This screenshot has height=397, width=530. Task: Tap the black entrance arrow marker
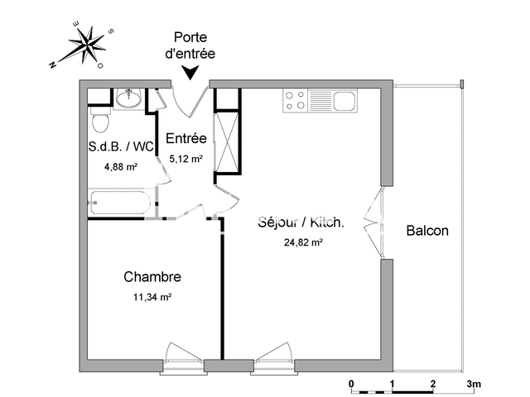point(191,74)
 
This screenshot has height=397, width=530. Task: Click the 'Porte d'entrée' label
point(195,45)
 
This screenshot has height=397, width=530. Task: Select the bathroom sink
point(128,99)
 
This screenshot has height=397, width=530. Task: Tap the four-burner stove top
point(295,101)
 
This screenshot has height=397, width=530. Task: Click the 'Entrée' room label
point(186,138)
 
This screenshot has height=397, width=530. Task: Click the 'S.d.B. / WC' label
point(121,147)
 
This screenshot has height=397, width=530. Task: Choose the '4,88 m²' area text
point(121,166)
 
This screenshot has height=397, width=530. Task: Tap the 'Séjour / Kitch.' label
point(301,223)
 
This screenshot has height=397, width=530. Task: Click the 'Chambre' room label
point(152,276)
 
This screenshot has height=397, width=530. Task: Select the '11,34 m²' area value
point(154,296)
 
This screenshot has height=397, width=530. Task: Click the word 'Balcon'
point(427,231)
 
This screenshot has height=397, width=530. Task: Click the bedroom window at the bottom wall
point(183,357)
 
